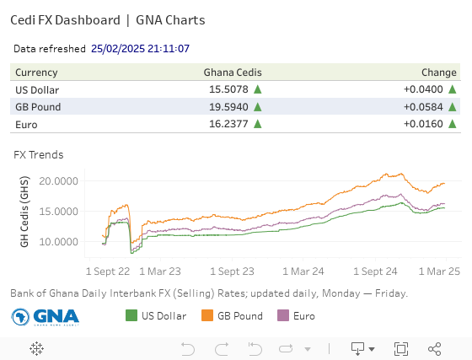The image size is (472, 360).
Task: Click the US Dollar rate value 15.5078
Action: coord(228,89)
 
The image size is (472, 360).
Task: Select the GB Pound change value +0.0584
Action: coord(423,107)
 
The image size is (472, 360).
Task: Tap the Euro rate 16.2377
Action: coord(228,124)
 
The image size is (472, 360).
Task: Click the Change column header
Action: coord(439,73)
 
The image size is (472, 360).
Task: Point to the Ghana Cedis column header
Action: coord(233,73)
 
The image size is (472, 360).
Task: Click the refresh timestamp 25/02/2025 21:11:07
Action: coord(140,48)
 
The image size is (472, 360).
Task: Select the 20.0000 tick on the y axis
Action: coord(58,181)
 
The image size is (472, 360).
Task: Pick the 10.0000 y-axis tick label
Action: coord(58,242)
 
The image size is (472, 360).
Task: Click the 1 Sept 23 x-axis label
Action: coord(232,271)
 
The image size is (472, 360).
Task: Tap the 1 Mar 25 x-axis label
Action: coord(439,271)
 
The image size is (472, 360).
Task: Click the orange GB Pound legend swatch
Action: coord(207,315)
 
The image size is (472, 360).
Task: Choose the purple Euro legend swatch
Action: coord(283,315)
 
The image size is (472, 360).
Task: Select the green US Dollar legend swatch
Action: coord(131,315)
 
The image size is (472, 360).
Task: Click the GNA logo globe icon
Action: coord(20,317)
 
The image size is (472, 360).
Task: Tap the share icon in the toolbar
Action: coord(434,349)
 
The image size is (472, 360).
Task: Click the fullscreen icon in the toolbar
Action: coord(401,349)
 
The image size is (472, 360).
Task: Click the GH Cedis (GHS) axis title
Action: coord(24,212)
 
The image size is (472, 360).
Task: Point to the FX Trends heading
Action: coord(39,155)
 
